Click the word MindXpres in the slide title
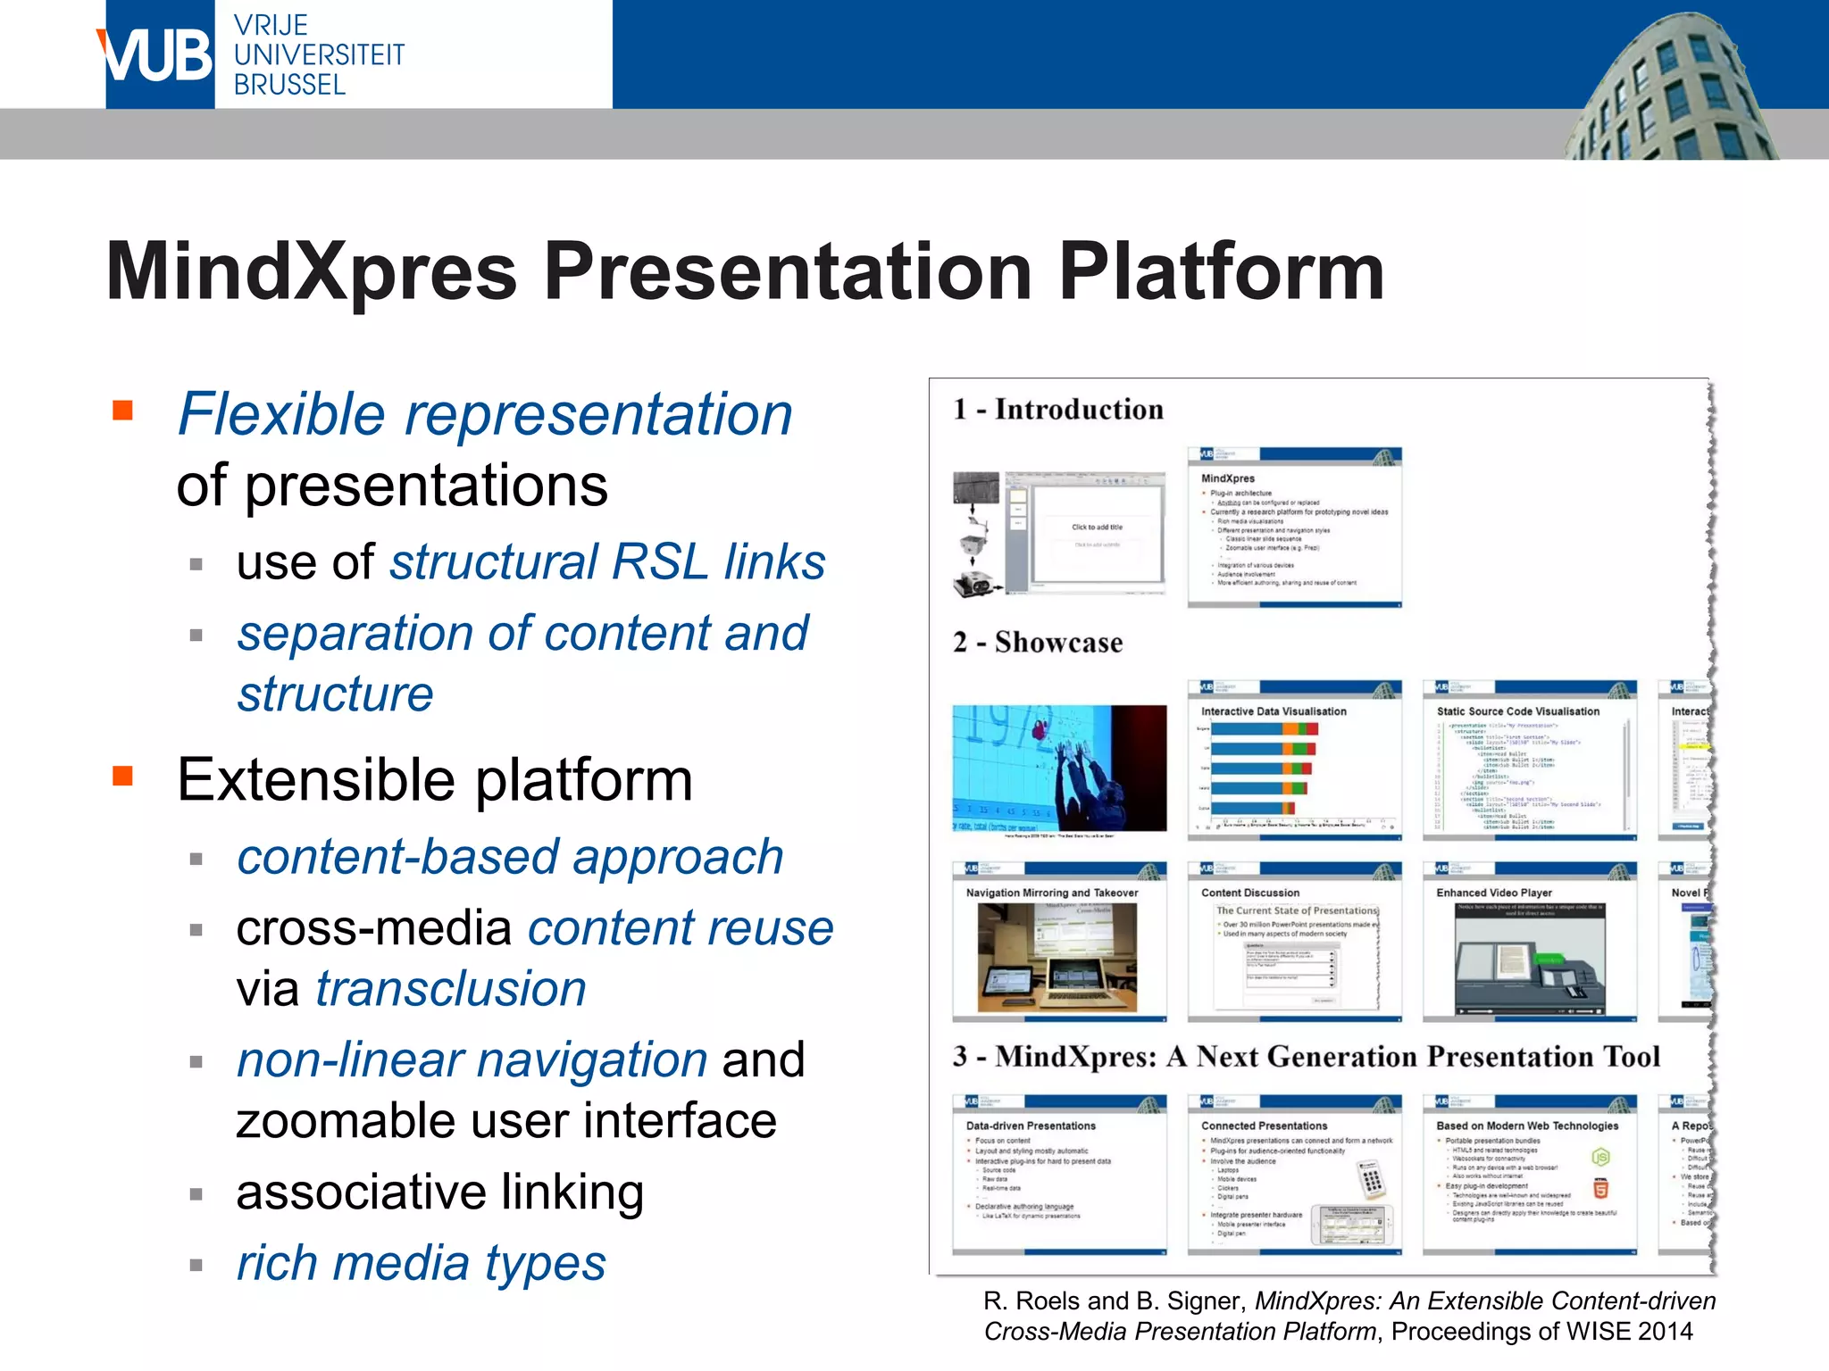click(x=311, y=272)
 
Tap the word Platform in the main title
click(x=1221, y=272)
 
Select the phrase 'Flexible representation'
click(x=485, y=415)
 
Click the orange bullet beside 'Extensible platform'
click(x=122, y=776)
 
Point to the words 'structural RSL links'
click(x=607, y=563)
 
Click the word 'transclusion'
click(x=451, y=989)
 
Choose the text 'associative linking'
click(x=439, y=1192)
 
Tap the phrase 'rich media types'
click(x=421, y=1263)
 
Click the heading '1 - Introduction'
click(x=1058, y=410)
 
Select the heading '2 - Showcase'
click(x=1038, y=643)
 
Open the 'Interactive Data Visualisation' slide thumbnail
click(x=1294, y=760)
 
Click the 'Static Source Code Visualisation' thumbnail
click(x=1529, y=760)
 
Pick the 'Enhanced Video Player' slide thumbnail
click(x=1529, y=942)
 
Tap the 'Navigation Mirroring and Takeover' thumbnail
click(x=1059, y=942)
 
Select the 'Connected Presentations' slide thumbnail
click(x=1294, y=1175)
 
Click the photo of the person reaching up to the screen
click(x=1059, y=768)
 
